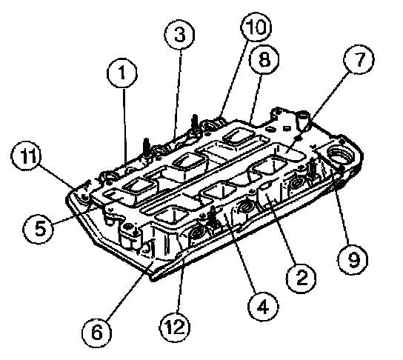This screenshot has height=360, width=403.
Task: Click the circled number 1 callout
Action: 122,73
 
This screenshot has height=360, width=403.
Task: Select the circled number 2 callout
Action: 302,278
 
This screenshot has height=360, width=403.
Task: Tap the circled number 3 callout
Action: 179,34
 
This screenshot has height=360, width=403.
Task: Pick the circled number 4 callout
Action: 263,306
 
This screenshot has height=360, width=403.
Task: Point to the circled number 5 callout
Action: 39,228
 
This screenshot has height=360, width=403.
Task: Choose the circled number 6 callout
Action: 97,333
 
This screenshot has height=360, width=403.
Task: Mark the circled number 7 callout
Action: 359,59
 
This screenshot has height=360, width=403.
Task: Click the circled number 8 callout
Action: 264,59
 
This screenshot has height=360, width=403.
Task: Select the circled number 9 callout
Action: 353,260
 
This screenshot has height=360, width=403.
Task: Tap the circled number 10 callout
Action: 256,27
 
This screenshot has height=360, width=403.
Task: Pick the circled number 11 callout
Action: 26,156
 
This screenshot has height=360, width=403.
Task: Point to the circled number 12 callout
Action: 176,327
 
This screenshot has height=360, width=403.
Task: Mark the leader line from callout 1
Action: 124,127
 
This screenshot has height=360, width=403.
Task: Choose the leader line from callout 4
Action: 242,253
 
